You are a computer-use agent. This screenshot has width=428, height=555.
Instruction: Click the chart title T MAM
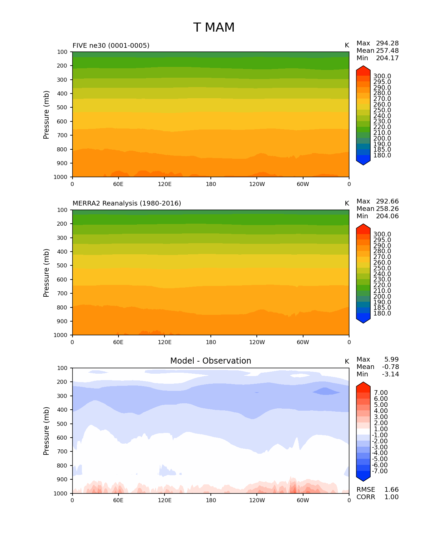pyautogui.click(x=214, y=28)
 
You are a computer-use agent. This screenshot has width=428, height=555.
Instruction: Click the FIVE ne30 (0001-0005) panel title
pyautogui.click(x=111, y=45)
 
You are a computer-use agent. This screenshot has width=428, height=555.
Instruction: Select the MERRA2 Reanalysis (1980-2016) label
pyautogui.click(x=127, y=203)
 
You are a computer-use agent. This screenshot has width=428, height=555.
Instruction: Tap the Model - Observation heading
pyautogui.click(x=210, y=361)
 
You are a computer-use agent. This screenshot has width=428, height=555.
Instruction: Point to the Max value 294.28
pyautogui.click(x=387, y=43)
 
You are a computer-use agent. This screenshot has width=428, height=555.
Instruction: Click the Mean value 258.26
pyautogui.click(x=387, y=209)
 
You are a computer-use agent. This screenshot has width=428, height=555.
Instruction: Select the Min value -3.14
pyautogui.click(x=390, y=374)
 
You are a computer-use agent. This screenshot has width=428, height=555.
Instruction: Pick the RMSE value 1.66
pyautogui.click(x=391, y=490)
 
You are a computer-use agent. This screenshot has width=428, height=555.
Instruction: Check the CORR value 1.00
pyautogui.click(x=391, y=497)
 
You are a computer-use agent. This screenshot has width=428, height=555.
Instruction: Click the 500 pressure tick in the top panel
pyautogui.click(x=63, y=108)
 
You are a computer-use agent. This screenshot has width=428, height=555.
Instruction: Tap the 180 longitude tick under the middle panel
pyautogui.click(x=211, y=342)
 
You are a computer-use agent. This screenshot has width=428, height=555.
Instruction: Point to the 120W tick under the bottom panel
pyautogui.click(x=257, y=501)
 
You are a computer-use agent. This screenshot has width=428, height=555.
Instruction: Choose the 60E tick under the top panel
pyautogui.click(x=118, y=184)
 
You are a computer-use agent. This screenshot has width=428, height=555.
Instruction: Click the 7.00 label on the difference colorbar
pyautogui.click(x=381, y=393)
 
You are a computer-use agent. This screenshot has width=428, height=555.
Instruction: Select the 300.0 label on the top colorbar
pyautogui.click(x=382, y=76)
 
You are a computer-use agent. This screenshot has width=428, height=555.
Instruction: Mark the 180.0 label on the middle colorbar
pyautogui.click(x=382, y=313)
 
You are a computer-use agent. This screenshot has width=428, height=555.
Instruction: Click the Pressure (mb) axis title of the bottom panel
pyautogui.click(x=46, y=431)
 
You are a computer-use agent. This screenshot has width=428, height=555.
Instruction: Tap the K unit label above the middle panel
pyautogui.click(x=347, y=203)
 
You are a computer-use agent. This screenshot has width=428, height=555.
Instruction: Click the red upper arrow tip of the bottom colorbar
pyautogui.click(x=363, y=384)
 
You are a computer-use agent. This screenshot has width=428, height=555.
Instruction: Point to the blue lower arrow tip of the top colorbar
pyautogui.click(x=363, y=163)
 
